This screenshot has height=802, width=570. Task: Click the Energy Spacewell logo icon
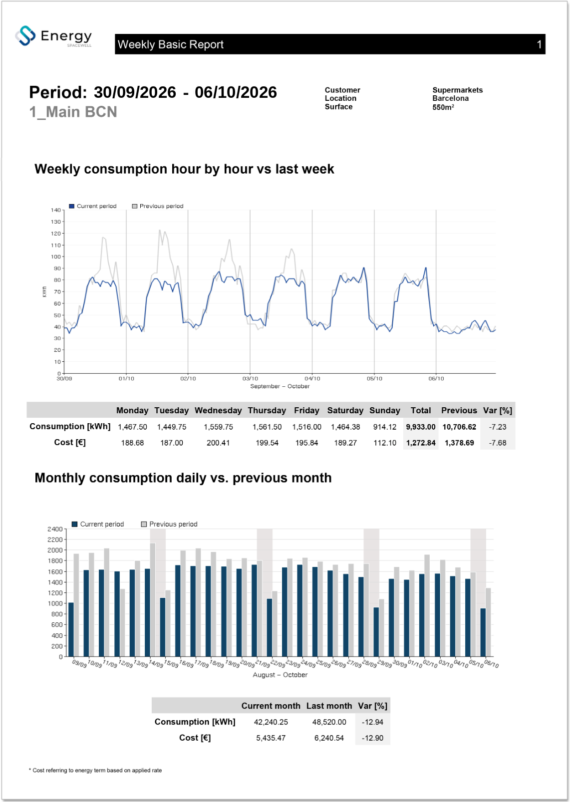pos(25,36)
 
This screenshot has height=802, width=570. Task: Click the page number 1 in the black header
pos(539,44)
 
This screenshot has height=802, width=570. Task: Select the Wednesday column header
pos(218,410)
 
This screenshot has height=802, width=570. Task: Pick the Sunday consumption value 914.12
pos(385,427)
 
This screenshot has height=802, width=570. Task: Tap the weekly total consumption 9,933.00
pos(421,427)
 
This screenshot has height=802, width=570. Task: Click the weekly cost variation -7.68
pos(498,443)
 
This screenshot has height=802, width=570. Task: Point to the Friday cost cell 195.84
pos(306,443)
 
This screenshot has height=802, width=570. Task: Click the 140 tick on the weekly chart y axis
pos(55,210)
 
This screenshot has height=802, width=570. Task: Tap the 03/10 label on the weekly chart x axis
pos(250,378)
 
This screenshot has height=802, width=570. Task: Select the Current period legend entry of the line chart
pos(93,206)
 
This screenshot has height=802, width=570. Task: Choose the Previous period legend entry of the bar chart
pos(169,524)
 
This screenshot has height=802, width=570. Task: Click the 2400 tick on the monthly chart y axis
pos(55,529)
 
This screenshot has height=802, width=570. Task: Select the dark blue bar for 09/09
pos(71,629)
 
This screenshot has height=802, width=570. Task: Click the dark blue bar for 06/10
pos(483,632)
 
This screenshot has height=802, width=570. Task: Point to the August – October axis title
pos(280,675)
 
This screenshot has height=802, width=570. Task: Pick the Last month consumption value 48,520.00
pos(329,722)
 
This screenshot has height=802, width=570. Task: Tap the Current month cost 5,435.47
pos(271,738)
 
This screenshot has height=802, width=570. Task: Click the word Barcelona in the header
pos(450,98)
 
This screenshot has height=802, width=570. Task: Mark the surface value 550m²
pos(443,107)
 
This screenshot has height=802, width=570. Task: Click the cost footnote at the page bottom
pos(95,770)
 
